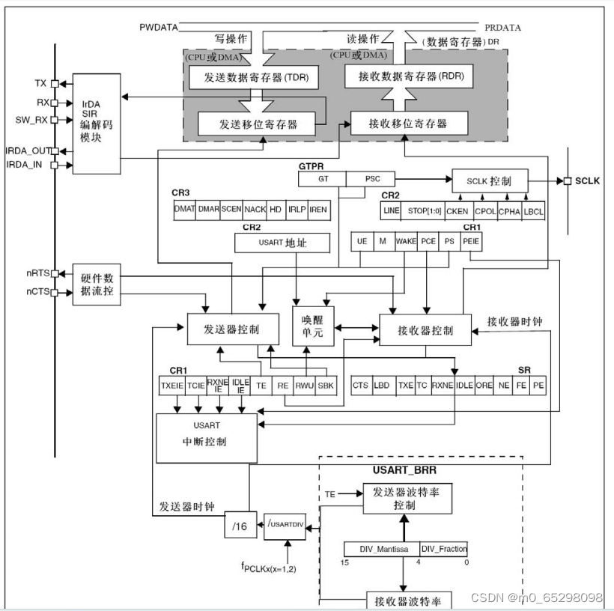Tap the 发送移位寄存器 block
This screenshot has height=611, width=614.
(258, 124)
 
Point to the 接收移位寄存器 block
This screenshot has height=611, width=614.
(409, 123)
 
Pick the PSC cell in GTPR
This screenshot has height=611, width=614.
(371, 179)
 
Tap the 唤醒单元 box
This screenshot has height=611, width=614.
(312, 325)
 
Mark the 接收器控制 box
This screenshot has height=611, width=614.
(425, 329)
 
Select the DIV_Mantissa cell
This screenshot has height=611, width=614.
(382, 549)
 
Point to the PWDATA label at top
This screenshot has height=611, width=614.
(158, 28)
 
